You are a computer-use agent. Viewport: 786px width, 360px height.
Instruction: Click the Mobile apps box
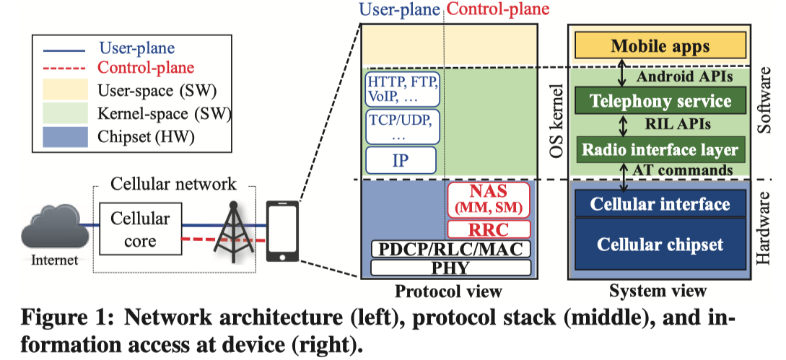coord(660,47)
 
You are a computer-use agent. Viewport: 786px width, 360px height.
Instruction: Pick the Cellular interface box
coord(660,204)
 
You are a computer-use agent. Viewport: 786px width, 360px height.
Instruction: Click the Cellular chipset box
coord(660,244)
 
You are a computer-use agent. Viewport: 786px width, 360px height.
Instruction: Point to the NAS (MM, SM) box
coord(489,200)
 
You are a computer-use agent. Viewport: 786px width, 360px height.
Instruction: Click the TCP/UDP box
coord(402,126)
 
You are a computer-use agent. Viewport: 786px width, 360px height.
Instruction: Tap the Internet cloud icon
coord(50,230)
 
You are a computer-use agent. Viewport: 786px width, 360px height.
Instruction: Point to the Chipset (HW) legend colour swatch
coord(64,135)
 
